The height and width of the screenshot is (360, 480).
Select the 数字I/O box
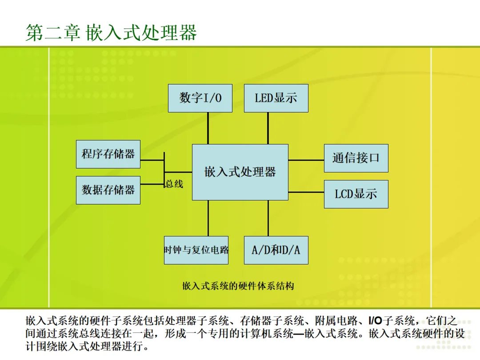(x=200, y=98)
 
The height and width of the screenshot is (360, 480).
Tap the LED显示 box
(x=276, y=98)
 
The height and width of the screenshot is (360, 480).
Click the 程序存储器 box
(x=108, y=154)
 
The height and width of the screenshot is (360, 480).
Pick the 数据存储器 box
(x=108, y=190)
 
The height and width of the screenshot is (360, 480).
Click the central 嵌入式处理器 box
(x=240, y=172)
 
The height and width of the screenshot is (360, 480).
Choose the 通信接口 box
(x=356, y=158)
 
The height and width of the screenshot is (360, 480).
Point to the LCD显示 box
(x=356, y=194)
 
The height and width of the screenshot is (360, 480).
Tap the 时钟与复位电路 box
(x=196, y=250)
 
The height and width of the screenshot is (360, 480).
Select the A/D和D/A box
(x=276, y=250)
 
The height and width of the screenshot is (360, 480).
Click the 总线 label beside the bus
(x=174, y=184)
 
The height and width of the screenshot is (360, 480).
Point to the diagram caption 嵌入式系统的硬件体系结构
(x=238, y=286)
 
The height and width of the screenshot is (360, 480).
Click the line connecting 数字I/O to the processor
(x=208, y=128)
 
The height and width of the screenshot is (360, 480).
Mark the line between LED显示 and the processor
(x=268, y=128)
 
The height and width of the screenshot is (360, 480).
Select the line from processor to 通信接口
(x=306, y=160)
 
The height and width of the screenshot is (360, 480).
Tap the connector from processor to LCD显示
(x=306, y=192)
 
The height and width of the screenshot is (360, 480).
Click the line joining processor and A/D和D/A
(x=268, y=218)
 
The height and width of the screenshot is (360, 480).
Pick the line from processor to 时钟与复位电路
(x=208, y=218)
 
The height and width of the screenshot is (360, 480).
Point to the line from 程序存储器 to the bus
(x=152, y=160)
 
